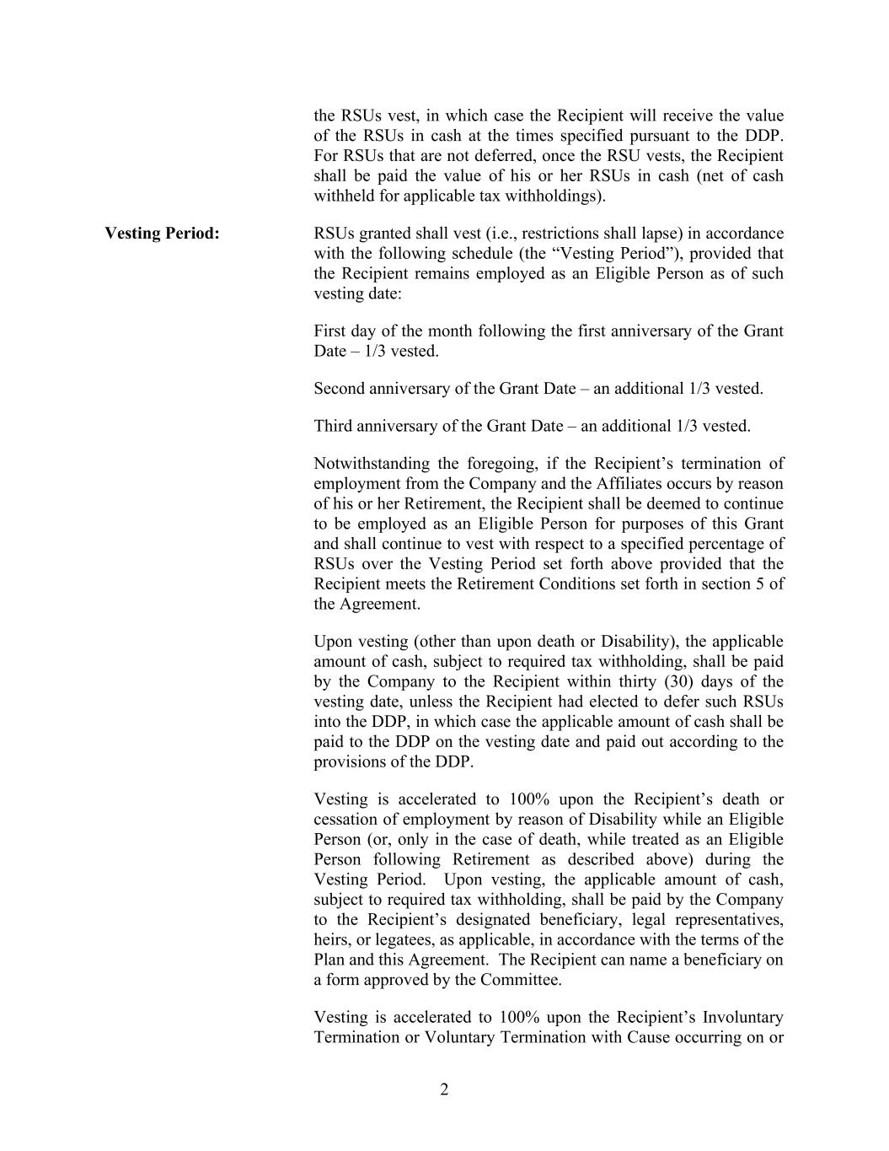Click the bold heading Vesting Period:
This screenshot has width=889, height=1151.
coord(162,234)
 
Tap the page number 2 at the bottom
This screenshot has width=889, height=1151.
coord(444,1089)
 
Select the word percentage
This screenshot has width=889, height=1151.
coord(732,544)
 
